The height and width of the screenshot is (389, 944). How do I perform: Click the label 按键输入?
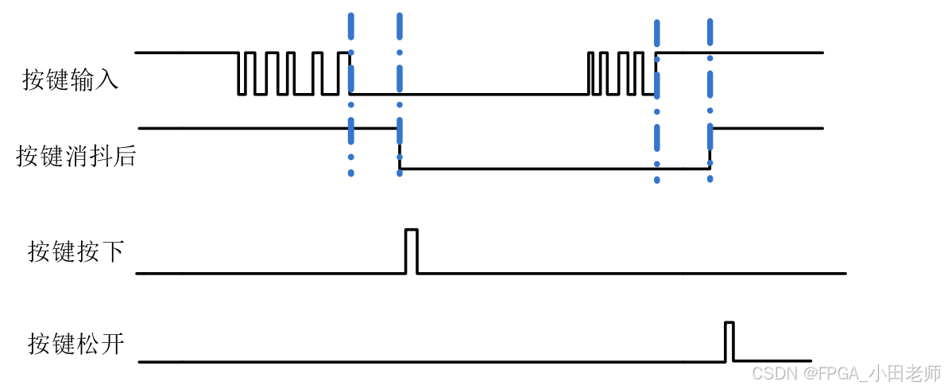[x=70, y=80]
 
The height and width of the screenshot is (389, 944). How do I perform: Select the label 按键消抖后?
[x=75, y=156]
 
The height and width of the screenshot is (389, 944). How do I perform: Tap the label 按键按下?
[x=75, y=251]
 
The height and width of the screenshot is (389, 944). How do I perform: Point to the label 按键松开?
[x=75, y=344]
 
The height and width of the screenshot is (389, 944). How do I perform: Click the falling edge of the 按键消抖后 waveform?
[x=400, y=148]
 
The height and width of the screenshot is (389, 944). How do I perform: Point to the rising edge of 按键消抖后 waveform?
[x=710, y=148]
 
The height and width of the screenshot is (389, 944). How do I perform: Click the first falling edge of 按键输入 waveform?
[x=238, y=74]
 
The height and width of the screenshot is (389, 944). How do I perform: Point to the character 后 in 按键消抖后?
[x=125, y=156]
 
